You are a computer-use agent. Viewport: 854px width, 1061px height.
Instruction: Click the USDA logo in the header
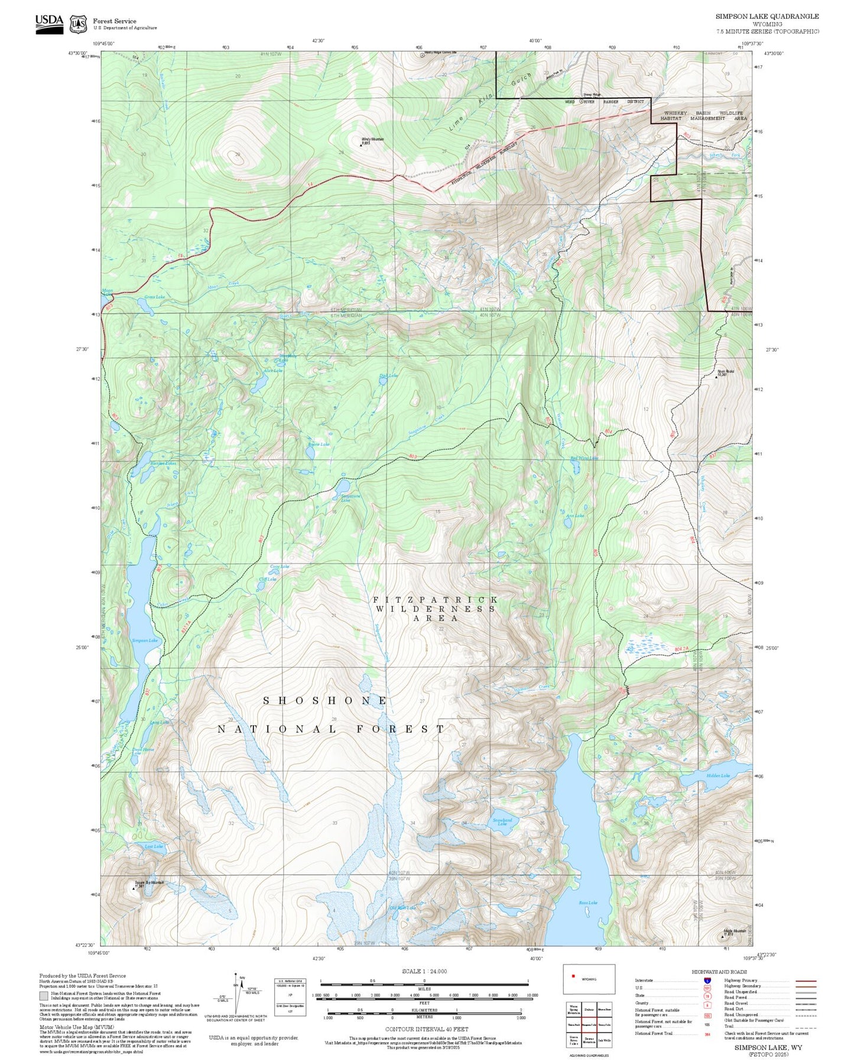pyautogui.click(x=49, y=23)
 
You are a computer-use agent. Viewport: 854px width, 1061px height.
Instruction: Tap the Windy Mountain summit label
pyautogui.click(x=373, y=140)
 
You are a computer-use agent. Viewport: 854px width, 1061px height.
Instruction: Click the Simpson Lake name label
pyautogui.click(x=145, y=641)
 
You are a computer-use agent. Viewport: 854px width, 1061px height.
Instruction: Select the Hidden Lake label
pyautogui.click(x=718, y=775)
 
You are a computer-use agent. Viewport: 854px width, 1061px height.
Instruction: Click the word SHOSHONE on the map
pyautogui.click(x=325, y=700)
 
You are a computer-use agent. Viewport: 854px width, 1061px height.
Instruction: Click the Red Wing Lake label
pyautogui.click(x=583, y=458)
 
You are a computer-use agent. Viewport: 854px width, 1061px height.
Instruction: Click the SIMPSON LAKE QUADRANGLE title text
pyautogui.click(x=767, y=17)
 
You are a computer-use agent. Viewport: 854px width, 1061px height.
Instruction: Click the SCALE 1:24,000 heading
pyautogui.click(x=424, y=971)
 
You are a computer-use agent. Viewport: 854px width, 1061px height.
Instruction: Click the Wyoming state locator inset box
pyautogui.click(x=588, y=979)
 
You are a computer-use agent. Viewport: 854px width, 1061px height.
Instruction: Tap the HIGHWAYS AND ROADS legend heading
pyautogui.click(x=719, y=972)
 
